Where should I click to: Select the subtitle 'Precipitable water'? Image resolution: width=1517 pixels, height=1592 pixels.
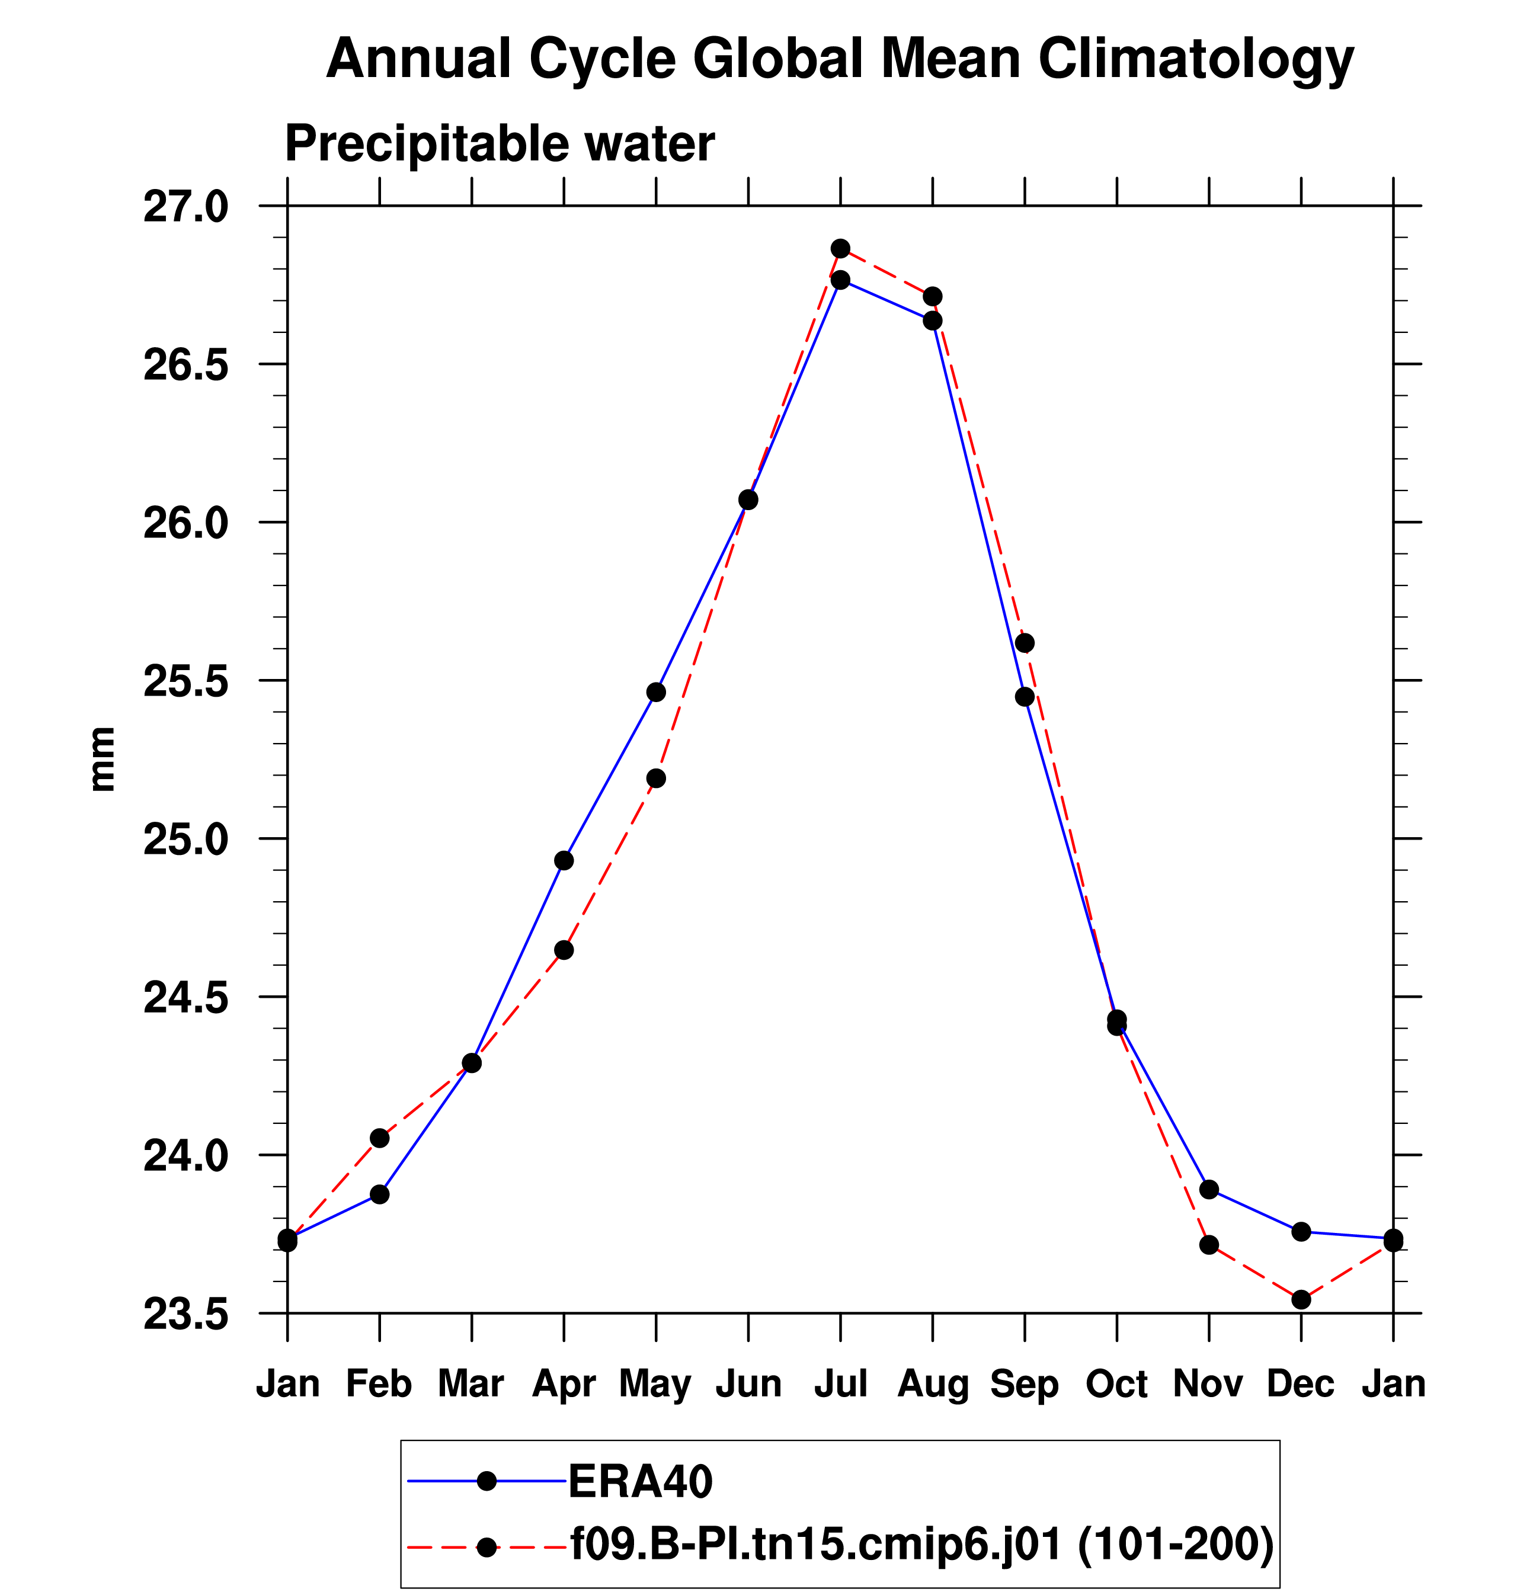tap(500, 144)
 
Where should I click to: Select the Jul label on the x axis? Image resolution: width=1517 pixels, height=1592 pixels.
tap(841, 1383)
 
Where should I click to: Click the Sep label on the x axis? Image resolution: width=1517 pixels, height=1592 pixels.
tap(1025, 1383)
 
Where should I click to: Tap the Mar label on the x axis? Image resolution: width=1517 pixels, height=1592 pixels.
tap(472, 1383)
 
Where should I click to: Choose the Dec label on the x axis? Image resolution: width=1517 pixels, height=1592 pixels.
tap(1301, 1383)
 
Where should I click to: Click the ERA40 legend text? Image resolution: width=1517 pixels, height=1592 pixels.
tap(641, 1481)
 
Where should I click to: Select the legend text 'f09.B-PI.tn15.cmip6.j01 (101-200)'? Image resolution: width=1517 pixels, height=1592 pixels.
tap(923, 1546)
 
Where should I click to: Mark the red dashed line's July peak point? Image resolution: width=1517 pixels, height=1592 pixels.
tap(840, 248)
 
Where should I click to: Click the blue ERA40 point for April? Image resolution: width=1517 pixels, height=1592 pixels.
tap(564, 860)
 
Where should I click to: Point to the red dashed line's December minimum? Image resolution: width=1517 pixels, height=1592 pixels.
tap(1301, 1299)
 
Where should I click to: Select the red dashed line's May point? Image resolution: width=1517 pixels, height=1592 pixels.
tap(656, 778)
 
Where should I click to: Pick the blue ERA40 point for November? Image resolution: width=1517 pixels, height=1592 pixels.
tap(1209, 1189)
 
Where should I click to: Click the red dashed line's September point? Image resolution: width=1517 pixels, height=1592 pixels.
tap(1025, 643)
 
